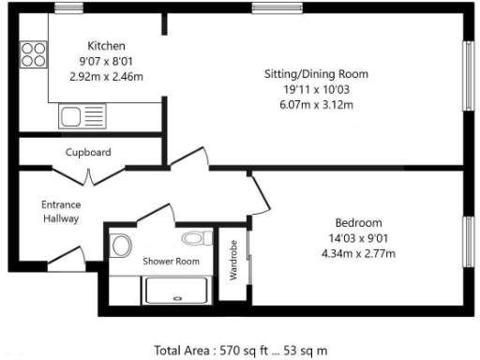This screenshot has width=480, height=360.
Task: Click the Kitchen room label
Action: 106,46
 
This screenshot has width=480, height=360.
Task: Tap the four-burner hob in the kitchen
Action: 34,53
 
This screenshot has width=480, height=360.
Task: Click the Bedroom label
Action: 359,223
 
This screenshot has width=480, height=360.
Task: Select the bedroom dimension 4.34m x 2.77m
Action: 359,253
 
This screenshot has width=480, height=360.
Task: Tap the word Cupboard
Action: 89,152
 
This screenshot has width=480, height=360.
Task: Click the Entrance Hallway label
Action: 60,211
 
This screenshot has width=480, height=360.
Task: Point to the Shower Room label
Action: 171,262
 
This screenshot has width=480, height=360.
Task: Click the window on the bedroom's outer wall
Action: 469,242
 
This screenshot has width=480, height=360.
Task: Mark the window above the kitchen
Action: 67,8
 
